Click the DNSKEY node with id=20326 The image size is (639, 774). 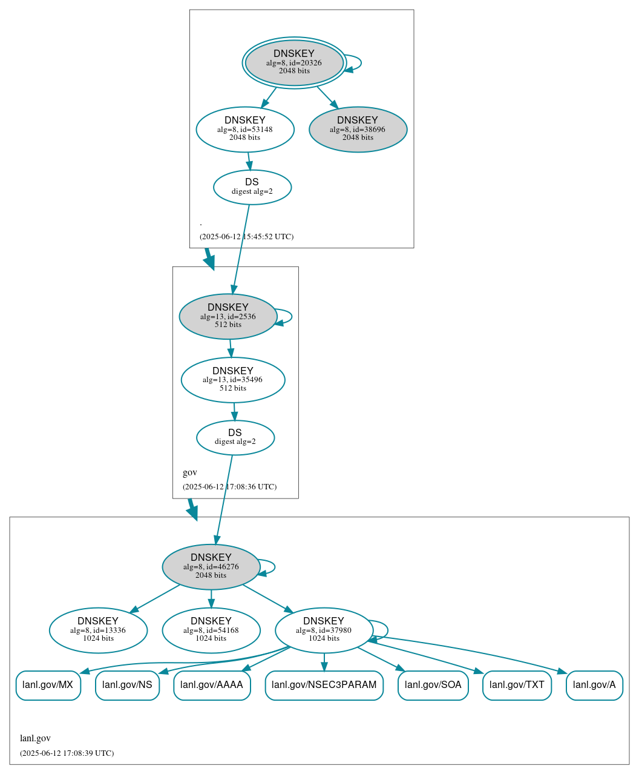tap(294, 62)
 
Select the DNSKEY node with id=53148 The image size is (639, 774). tap(245, 129)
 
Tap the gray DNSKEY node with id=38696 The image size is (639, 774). tap(358, 129)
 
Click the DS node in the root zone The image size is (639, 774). tap(252, 187)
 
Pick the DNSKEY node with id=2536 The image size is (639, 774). tap(228, 316)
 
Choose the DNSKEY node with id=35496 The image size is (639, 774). tap(233, 380)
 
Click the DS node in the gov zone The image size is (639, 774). tap(235, 437)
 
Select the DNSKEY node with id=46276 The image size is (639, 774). tap(211, 566)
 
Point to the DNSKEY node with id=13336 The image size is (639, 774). tap(98, 630)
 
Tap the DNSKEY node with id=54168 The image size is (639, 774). tap(211, 630)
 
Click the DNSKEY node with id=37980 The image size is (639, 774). tap(324, 630)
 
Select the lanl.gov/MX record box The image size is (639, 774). tap(48, 685)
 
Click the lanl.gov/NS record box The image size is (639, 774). tap(127, 685)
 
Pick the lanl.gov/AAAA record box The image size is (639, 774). tap(212, 685)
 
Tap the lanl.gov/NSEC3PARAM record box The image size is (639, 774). tap(324, 685)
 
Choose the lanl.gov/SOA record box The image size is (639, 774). tap(433, 685)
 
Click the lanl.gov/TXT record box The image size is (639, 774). tap(517, 685)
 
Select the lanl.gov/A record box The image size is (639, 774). tap(594, 685)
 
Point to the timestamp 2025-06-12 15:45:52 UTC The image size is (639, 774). tap(246, 236)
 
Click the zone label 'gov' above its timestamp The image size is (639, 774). tap(190, 472)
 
